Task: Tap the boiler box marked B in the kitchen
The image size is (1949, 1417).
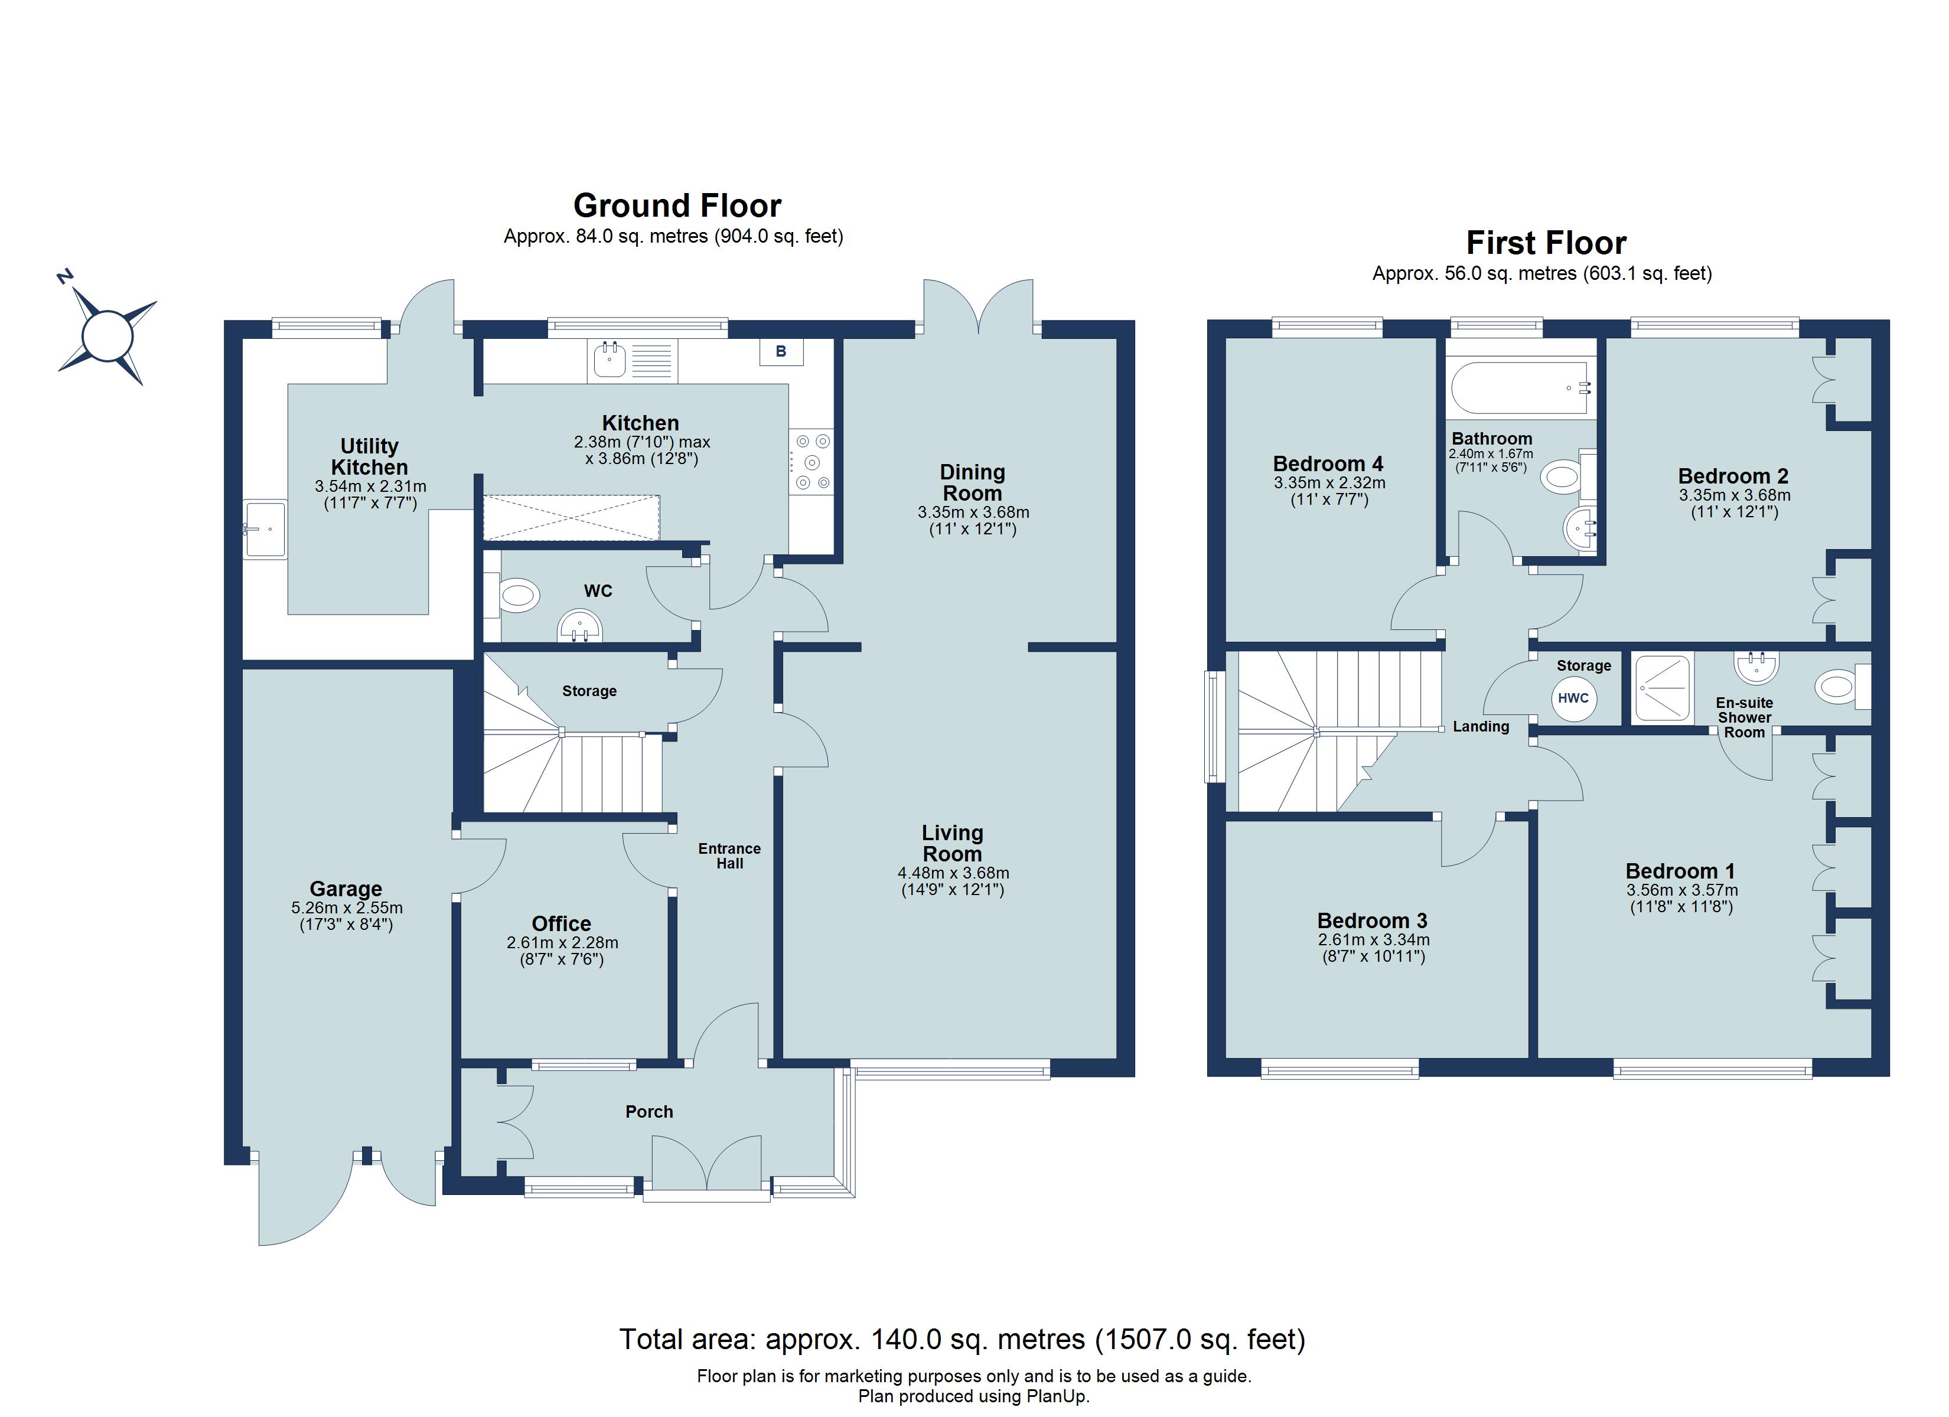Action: click(780, 351)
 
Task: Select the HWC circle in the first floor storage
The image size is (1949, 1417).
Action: click(1573, 698)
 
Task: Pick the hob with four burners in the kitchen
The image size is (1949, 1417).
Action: click(812, 462)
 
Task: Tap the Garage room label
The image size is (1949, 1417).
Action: click(346, 889)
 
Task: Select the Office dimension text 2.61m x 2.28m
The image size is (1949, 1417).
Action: click(562, 943)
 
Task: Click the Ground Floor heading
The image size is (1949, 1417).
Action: click(677, 206)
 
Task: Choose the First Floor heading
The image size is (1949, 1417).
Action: click(1545, 243)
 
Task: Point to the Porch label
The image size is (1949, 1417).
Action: click(649, 1112)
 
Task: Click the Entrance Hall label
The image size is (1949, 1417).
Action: click(729, 856)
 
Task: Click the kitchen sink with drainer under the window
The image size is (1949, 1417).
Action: click(633, 361)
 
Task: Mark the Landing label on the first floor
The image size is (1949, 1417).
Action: click(1481, 727)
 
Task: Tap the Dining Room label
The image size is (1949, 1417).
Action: click(972, 483)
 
